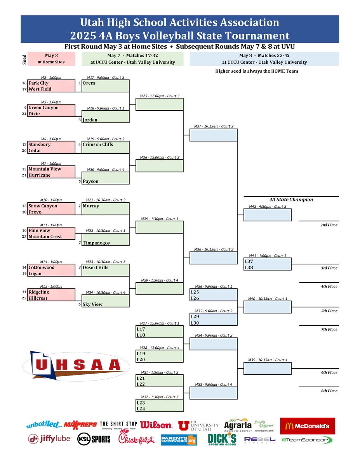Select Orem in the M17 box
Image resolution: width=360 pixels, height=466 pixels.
tap(89, 83)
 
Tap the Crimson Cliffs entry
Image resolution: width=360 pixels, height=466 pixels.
tap(97, 144)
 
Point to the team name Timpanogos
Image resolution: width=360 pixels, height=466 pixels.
tap(96, 243)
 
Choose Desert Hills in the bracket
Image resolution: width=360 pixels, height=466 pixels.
tap(96, 268)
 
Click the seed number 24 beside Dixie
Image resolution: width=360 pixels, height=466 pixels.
tap(24, 114)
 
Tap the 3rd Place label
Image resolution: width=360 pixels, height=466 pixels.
tap(329, 268)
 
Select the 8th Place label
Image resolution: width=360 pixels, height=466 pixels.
tap(329, 391)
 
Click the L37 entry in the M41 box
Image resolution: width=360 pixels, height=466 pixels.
tap(249, 262)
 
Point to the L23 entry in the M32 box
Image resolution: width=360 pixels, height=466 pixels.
tap(141, 403)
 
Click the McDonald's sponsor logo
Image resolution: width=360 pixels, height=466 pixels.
tap(307, 426)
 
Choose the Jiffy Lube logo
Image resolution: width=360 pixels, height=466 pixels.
tap(49, 439)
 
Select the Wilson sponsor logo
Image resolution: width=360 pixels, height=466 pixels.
tap(155, 425)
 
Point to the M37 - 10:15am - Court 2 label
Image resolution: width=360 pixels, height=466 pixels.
tap(213, 126)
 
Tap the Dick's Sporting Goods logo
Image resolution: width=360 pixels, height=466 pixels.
tap(222, 439)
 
